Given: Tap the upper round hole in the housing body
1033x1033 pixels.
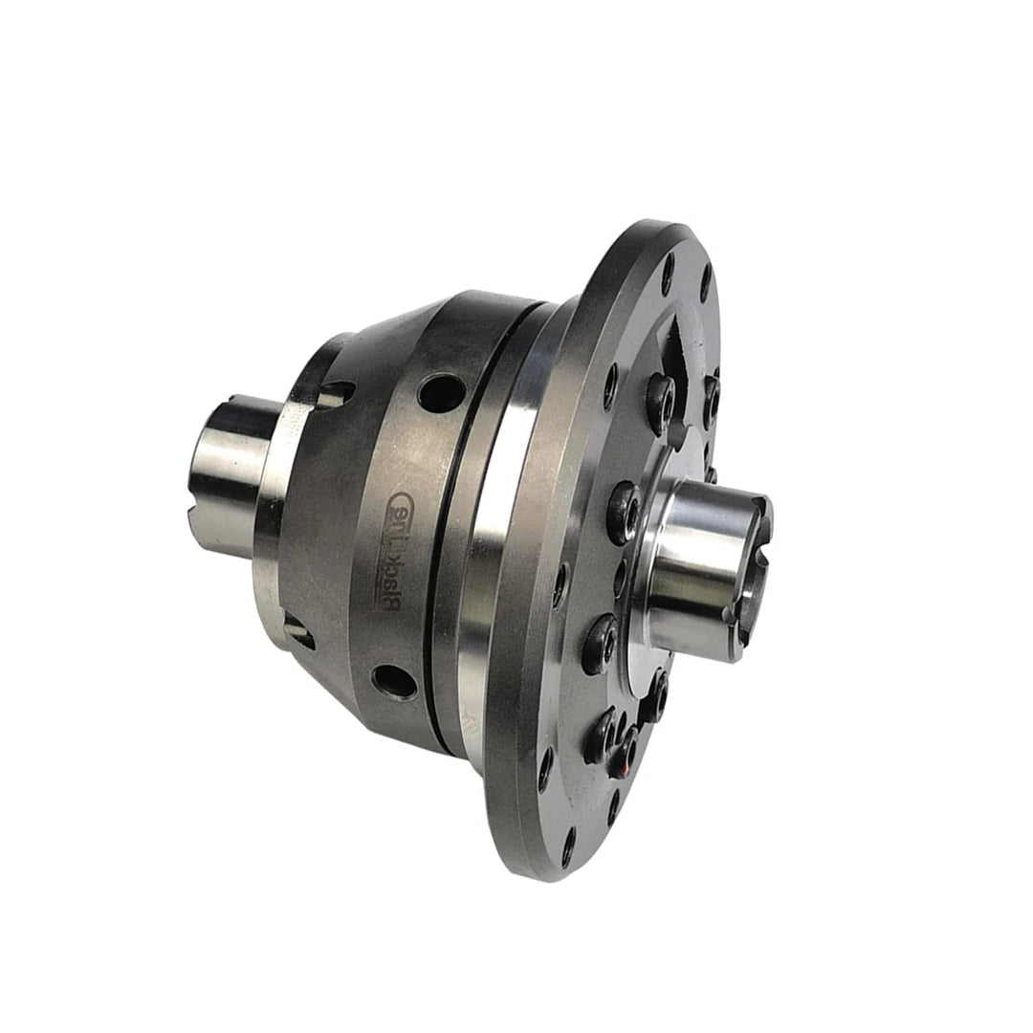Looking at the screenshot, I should tap(441, 392).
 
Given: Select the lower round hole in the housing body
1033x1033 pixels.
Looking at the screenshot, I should tap(394, 681).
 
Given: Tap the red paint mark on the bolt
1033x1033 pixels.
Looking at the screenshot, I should tap(623, 764).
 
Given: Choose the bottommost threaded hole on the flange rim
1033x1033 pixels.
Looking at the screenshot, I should tap(568, 846).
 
